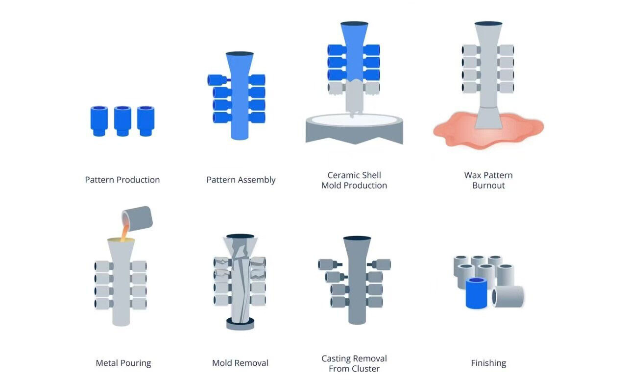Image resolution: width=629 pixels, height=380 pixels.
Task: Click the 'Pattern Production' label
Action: (122, 180)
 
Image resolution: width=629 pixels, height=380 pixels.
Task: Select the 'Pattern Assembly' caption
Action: (241, 180)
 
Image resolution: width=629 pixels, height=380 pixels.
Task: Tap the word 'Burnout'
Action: (488, 186)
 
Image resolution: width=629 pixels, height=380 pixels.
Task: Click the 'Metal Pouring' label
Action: (123, 363)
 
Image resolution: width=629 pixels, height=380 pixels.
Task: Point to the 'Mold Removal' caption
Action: (240, 363)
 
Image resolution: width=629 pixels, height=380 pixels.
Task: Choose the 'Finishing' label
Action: (488, 363)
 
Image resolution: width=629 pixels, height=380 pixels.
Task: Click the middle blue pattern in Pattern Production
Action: (122, 120)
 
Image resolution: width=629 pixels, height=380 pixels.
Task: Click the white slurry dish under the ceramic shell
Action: (354, 120)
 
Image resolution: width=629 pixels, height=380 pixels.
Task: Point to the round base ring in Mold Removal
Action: (240, 323)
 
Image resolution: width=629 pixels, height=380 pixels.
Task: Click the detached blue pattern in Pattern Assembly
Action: (216, 80)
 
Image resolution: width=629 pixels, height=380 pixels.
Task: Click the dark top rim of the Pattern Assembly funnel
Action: (240, 53)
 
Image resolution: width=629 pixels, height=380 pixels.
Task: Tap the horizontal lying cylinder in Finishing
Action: (508, 296)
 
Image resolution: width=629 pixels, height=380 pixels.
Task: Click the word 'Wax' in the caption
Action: (473, 175)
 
